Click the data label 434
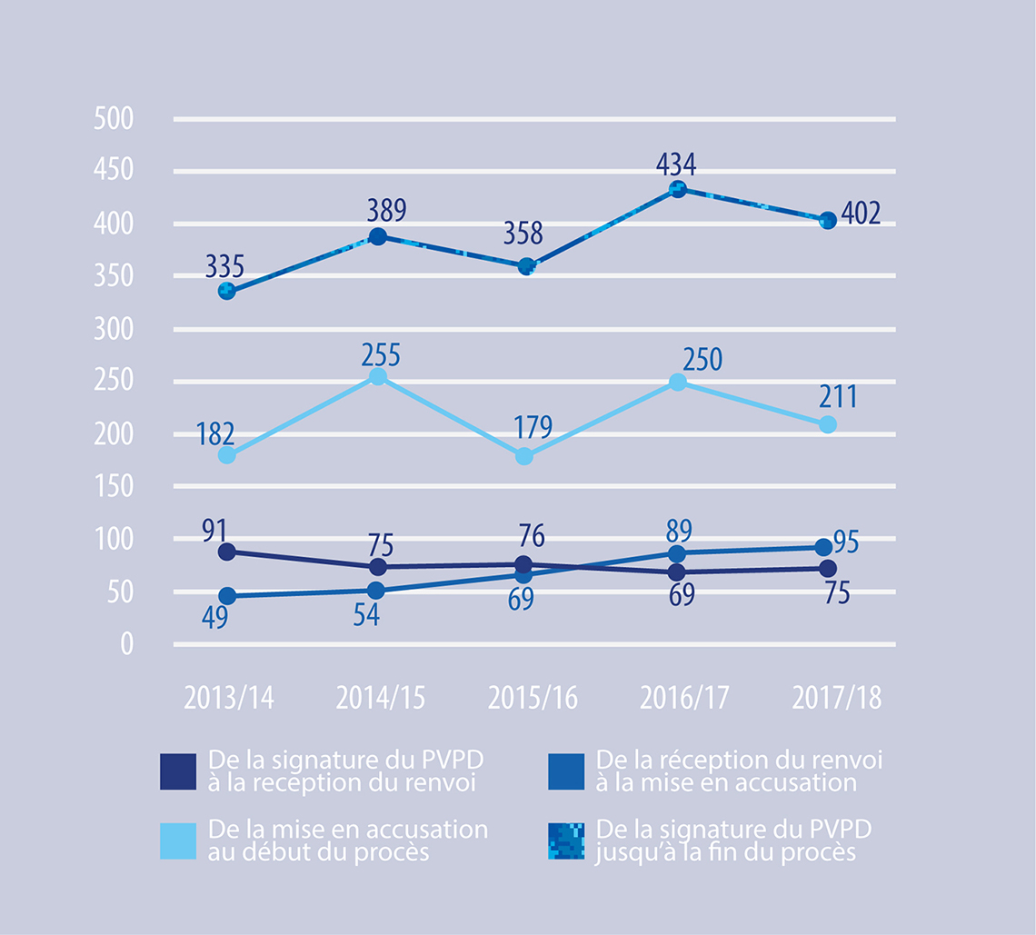pos(676,165)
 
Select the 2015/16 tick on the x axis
pos(533,698)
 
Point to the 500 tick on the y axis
pos(114,120)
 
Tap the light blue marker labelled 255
pos(378,377)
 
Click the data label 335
pos(224,268)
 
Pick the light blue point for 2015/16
pos(525,456)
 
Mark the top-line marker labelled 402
pos(828,221)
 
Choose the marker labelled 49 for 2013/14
pos(227,596)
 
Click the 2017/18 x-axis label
pos(836,698)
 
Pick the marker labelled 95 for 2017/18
pos(823,547)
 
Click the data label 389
pos(386,212)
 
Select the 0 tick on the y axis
pos(125,645)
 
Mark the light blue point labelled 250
pos(676,383)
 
